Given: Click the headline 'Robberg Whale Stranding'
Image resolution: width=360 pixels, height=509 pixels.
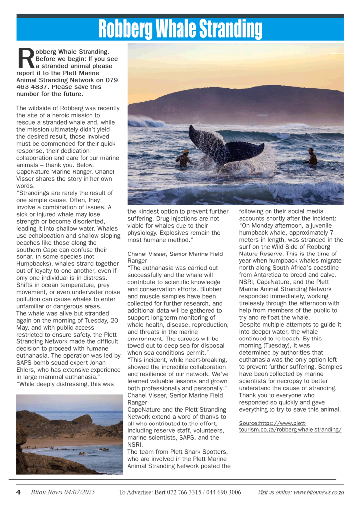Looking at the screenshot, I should (180, 29).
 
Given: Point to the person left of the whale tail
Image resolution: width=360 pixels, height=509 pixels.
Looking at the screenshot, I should (184, 158).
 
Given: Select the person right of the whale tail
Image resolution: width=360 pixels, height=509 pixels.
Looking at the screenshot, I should (312, 156).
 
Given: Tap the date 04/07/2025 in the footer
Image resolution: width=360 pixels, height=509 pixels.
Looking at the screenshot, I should (78, 492).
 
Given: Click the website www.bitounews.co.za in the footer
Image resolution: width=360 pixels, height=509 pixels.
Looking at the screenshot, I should (319, 492).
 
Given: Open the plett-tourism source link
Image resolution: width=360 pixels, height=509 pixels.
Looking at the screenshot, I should (290, 426).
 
